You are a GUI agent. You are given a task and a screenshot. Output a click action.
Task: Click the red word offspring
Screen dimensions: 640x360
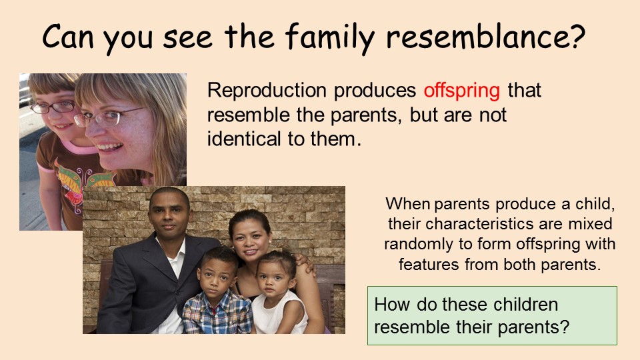[x=461, y=91]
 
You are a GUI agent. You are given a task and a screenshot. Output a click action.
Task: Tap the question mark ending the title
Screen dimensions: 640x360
[x=577, y=37]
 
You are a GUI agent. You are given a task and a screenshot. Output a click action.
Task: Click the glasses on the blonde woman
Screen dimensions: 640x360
[x=107, y=117]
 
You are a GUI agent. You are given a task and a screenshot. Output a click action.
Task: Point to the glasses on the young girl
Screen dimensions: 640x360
[x=52, y=107]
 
